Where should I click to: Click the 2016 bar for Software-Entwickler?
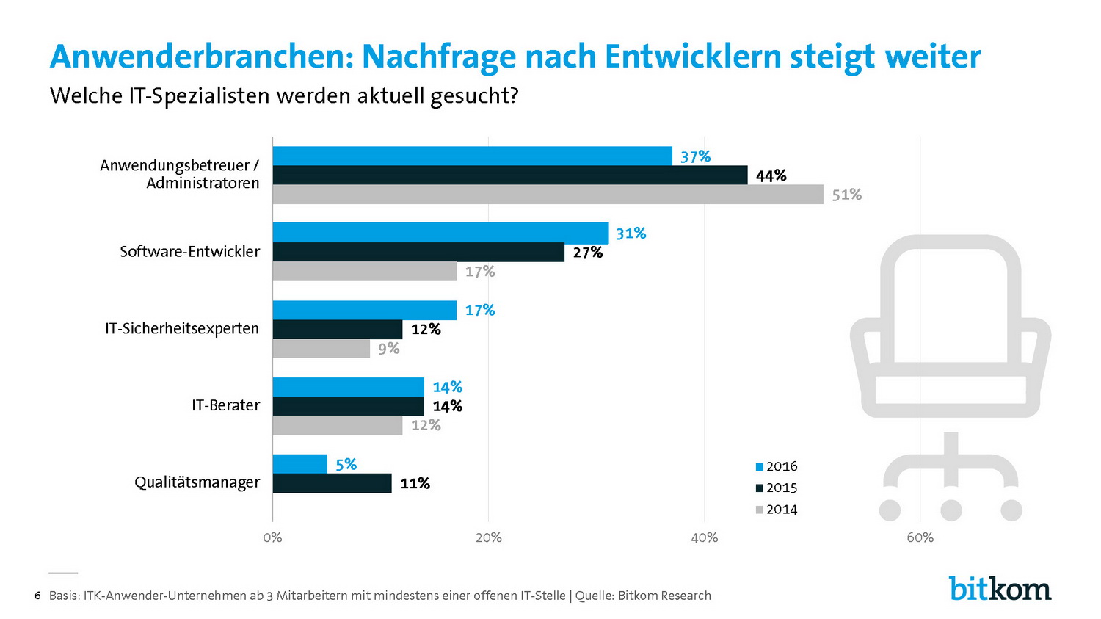click(440, 233)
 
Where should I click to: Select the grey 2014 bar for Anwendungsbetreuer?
click(548, 195)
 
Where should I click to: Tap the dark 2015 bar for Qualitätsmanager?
click(332, 483)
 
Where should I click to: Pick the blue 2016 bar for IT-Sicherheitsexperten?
click(364, 310)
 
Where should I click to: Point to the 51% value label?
click(846, 195)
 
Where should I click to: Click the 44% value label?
click(771, 175)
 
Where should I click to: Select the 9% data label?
click(388, 349)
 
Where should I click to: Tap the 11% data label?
click(415, 483)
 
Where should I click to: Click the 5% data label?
click(346, 464)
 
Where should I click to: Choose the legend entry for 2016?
click(776, 466)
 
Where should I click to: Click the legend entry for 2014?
click(776, 510)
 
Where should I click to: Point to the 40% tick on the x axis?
click(704, 537)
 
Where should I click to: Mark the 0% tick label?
click(272, 537)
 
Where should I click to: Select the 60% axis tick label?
click(920, 537)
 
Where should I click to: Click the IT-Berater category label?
click(225, 405)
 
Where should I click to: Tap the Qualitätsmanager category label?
click(197, 482)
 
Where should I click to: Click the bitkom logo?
click(1000, 588)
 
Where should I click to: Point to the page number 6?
click(37, 596)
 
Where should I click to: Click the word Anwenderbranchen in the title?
click(201, 57)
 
